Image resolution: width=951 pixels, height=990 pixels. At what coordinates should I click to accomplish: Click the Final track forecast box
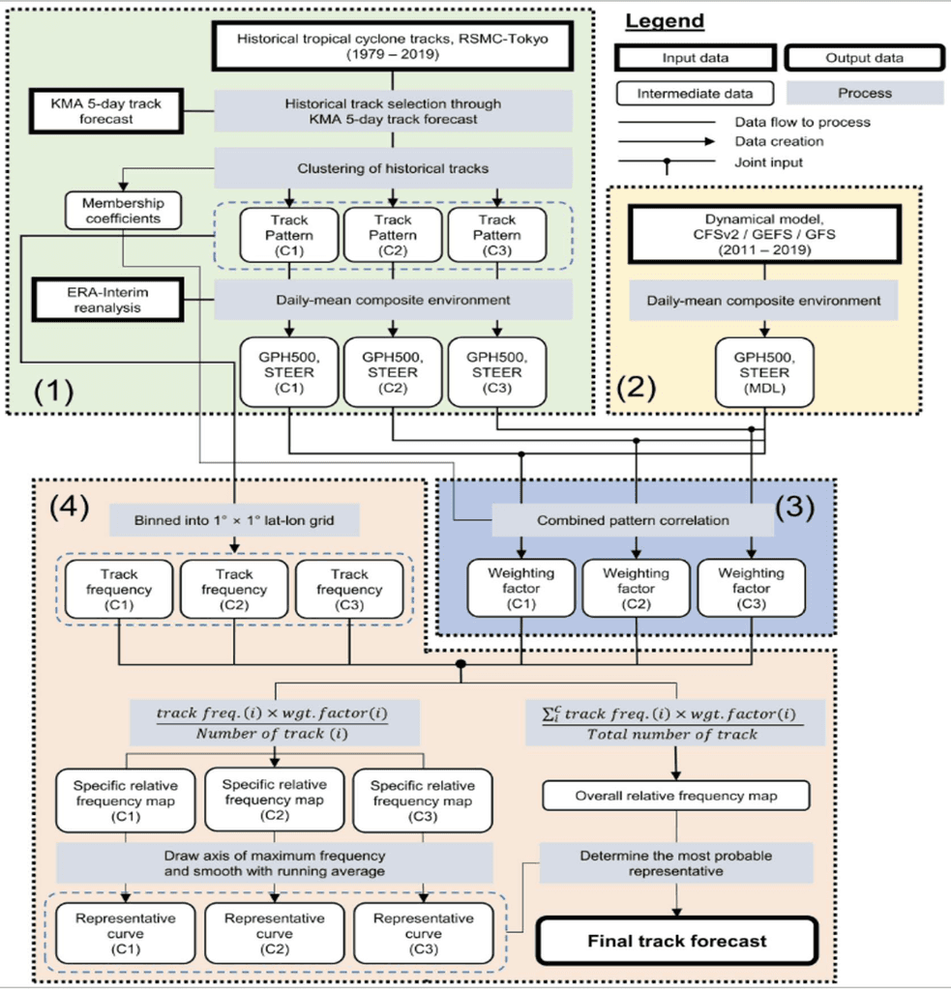click(678, 940)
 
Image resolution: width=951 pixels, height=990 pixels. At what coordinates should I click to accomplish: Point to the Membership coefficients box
click(123, 211)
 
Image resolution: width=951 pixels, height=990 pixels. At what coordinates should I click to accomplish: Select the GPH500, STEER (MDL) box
click(764, 372)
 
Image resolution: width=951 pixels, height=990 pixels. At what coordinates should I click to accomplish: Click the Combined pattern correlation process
click(633, 520)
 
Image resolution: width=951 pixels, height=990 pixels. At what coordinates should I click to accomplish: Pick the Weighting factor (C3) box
click(751, 587)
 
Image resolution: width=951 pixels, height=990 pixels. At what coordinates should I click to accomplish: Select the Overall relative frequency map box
click(676, 797)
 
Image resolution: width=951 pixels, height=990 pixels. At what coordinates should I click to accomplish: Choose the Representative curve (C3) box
click(424, 933)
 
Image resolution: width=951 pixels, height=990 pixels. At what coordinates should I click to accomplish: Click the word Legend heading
click(664, 20)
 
